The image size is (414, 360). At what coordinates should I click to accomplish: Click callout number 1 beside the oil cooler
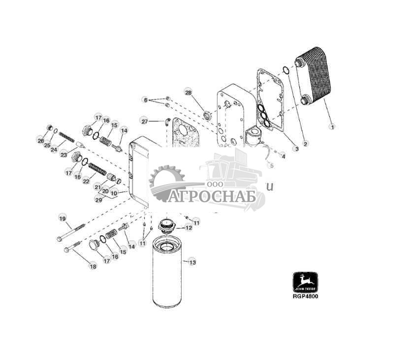[332, 127]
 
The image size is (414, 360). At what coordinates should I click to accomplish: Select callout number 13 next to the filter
[192, 262]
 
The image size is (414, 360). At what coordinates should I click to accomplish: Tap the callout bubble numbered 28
[188, 93]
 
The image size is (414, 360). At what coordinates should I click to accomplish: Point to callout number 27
[144, 121]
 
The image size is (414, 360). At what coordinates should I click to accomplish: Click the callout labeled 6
[145, 100]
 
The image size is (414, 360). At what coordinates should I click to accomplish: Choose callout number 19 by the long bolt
[62, 218]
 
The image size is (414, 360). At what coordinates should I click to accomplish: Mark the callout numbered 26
[40, 141]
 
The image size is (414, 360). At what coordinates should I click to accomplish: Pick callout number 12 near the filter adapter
[189, 228]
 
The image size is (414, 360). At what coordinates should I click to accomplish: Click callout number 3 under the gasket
[296, 148]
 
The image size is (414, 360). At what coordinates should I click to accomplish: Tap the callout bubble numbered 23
[64, 154]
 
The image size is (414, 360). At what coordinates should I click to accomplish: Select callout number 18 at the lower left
[93, 266]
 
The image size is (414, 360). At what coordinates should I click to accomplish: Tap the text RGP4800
[305, 297]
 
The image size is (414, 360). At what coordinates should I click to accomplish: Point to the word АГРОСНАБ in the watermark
[213, 196]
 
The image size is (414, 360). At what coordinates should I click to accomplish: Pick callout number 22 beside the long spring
[86, 181]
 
